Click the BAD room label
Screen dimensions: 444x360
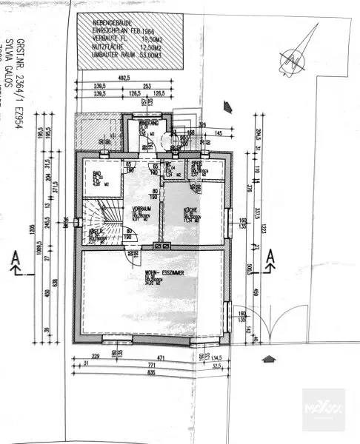pos(97,175)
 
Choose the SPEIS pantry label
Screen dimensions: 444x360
pos(196,165)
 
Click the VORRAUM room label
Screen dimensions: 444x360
pos(133,208)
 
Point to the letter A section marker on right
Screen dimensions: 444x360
pos(272,257)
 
